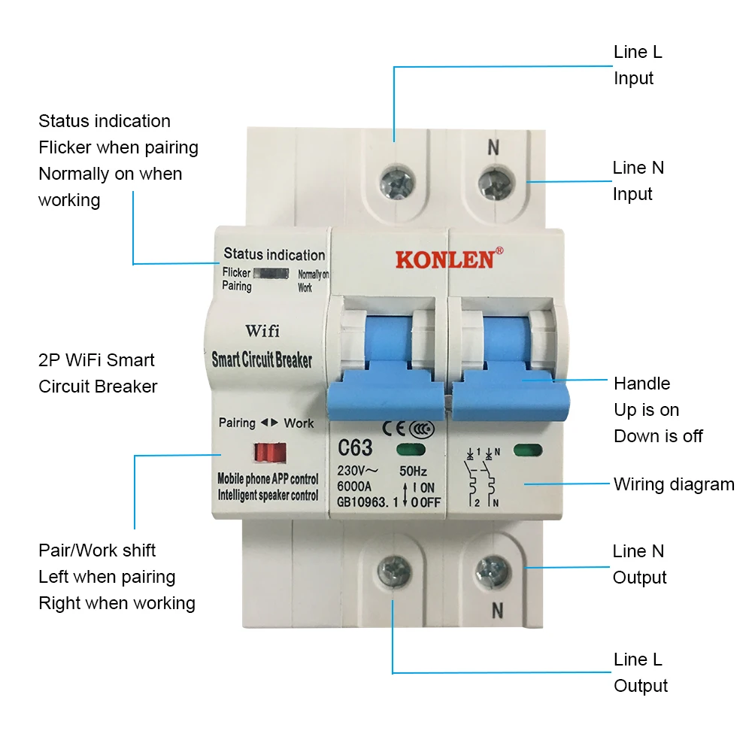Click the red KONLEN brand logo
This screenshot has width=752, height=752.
[444, 259]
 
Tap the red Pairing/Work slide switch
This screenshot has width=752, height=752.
[269, 452]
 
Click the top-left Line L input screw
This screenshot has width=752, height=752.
[394, 180]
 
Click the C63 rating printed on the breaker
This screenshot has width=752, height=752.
[355, 448]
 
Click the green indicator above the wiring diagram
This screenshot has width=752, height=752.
[527, 451]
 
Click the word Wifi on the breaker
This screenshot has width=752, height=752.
[262, 331]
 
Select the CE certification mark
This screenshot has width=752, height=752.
[394, 428]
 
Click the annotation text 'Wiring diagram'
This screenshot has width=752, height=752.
[674, 484]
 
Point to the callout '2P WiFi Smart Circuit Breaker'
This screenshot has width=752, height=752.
[98, 373]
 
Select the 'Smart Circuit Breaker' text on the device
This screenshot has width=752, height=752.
[261, 359]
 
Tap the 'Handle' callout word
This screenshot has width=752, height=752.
[641, 384]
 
